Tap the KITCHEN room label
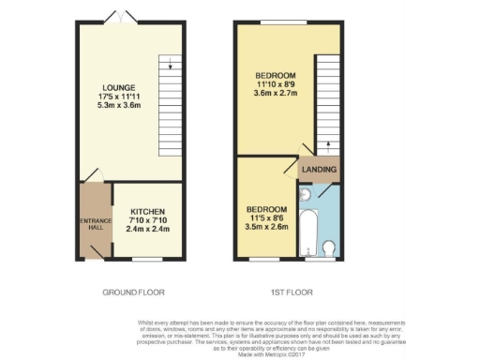[150, 211]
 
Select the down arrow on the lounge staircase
[168, 66]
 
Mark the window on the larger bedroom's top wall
[274, 22]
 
